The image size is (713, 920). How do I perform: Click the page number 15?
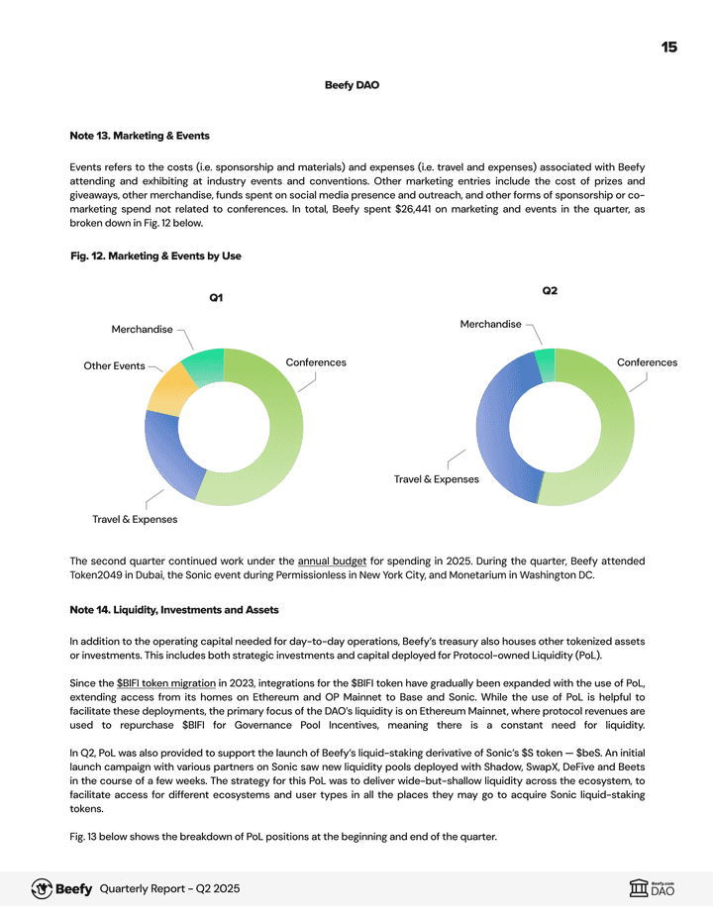669,47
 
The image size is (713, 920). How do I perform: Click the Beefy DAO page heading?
352,85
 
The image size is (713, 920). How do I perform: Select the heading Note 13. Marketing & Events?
140,135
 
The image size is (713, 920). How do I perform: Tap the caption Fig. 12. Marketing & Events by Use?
155,256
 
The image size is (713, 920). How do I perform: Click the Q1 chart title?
216,298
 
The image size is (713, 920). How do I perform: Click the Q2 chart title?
550,290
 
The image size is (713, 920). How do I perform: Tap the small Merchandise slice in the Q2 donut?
545,363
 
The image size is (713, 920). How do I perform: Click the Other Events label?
114,366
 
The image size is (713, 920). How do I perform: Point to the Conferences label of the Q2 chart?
647,362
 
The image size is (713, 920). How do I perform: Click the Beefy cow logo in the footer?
42,888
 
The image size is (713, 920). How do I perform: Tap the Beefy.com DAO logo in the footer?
652,888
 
